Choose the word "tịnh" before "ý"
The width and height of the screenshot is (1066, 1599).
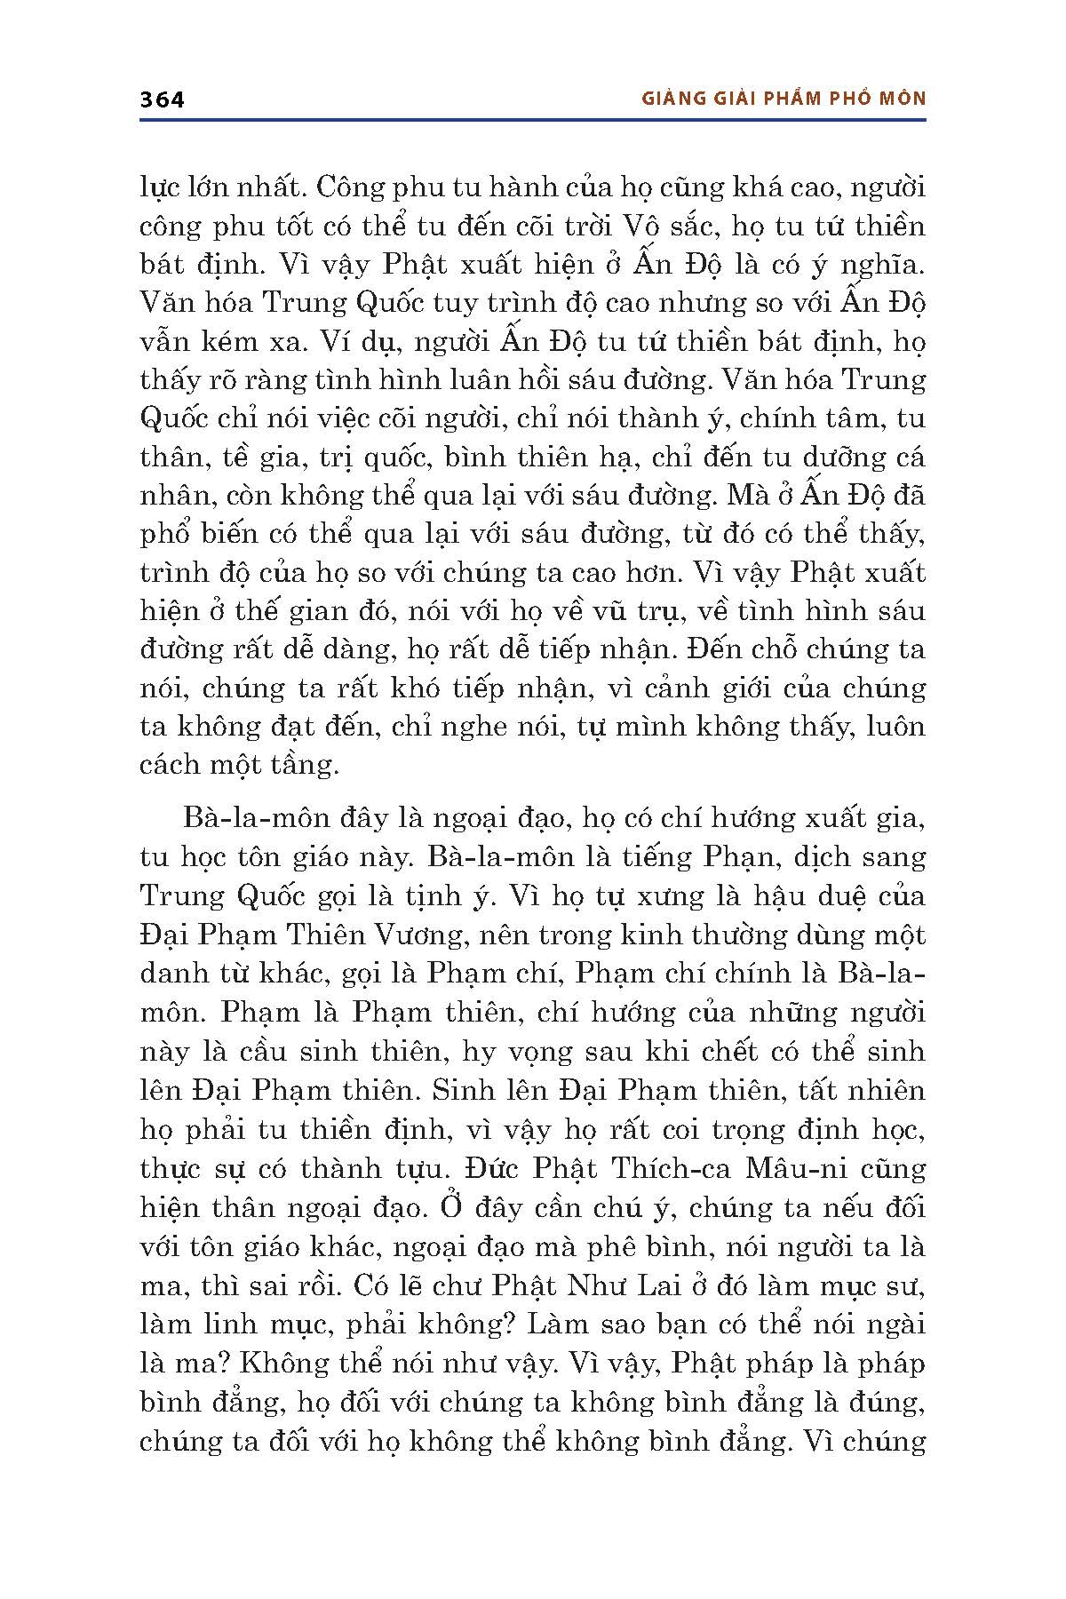(436, 895)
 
